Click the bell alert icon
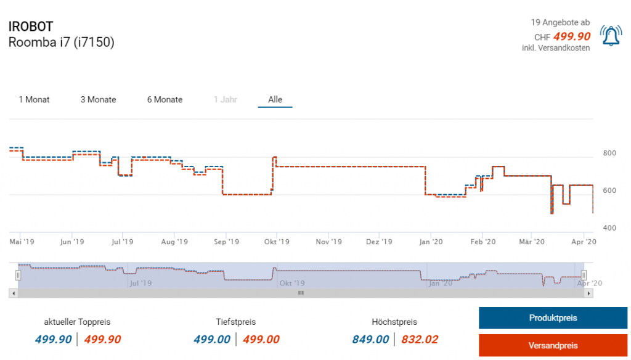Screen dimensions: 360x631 pyautogui.click(x=611, y=36)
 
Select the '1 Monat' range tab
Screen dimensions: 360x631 pyautogui.click(x=35, y=99)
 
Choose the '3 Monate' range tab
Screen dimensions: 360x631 pyautogui.click(x=98, y=99)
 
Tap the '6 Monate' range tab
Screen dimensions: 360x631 pyautogui.click(x=165, y=99)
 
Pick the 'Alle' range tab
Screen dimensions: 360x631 pyautogui.click(x=275, y=99)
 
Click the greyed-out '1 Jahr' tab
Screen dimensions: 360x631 pyautogui.click(x=225, y=99)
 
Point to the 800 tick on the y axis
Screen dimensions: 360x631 pyautogui.click(x=609, y=153)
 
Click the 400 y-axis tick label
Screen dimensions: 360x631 pyautogui.click(x=609, y=228)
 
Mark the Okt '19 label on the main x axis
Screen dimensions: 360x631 pyautogui.click(x=277, y=242)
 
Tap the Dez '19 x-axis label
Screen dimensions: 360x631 pyautogui.click(x=379, y=242)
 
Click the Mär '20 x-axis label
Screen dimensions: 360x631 pyautogui.click(x=532, y=242)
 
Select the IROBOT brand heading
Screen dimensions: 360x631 pyautogui.click(x=31, y=27)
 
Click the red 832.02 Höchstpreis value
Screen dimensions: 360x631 pyautogui.click(x=420, y=339)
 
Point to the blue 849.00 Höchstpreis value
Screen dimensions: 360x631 pyautogui.click(x=370, y=339)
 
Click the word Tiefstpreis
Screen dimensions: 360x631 pyautogui.click(x=236, y=322)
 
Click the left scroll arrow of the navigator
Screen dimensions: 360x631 pyautogui.click(x=13, y=293)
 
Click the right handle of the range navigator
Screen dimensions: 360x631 pyautogui.click(x=584, y=275)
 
